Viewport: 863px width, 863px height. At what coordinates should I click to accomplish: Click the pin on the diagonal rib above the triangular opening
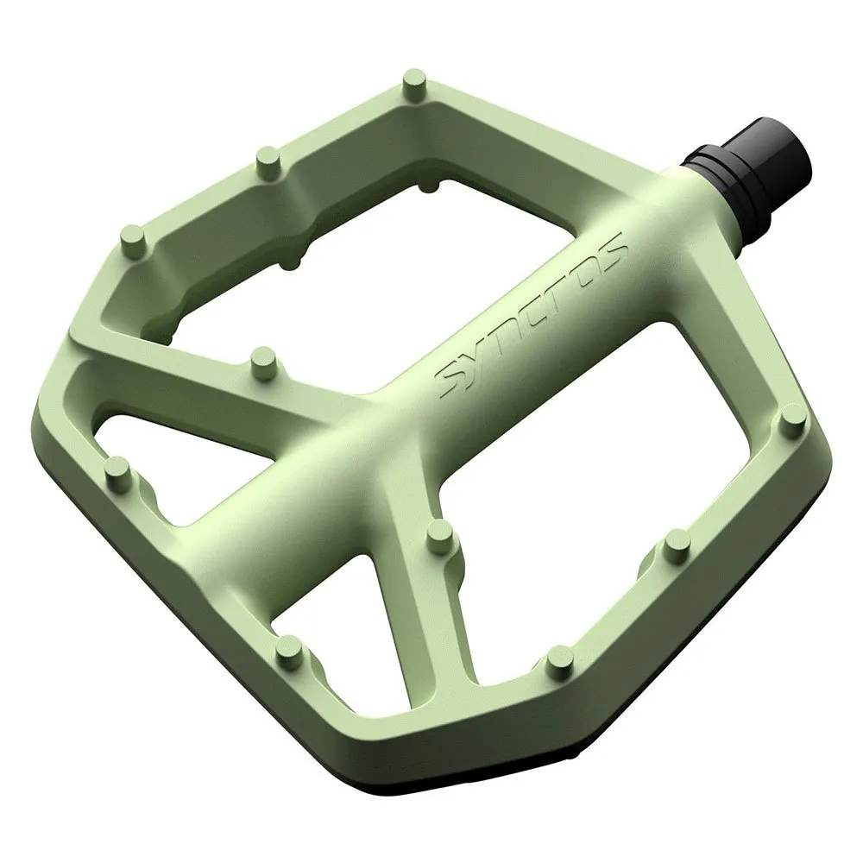click(265, 362)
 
